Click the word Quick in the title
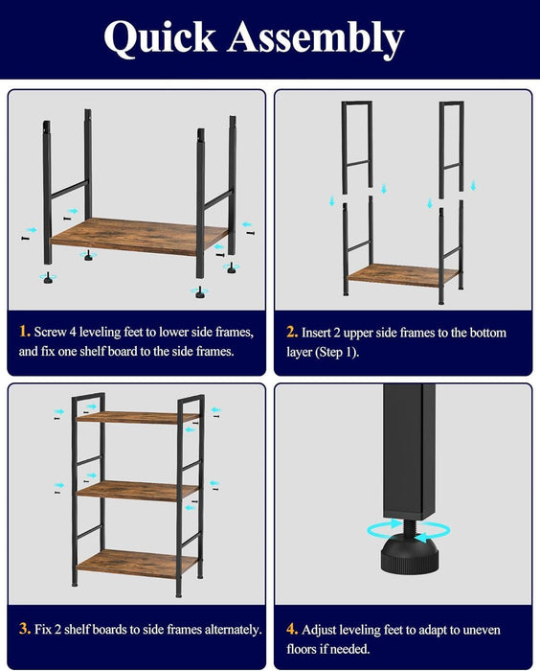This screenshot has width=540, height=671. [x=161, y=38]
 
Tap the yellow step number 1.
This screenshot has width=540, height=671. [x=24, y=333]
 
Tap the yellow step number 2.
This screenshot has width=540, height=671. [x=291, y=333]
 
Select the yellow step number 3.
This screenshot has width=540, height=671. [x=24, y=630]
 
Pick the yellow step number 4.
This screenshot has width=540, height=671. [x=291, y=630]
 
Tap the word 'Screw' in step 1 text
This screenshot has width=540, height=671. [x=54, y=333]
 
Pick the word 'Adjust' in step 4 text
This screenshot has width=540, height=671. [x=323, y=630]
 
